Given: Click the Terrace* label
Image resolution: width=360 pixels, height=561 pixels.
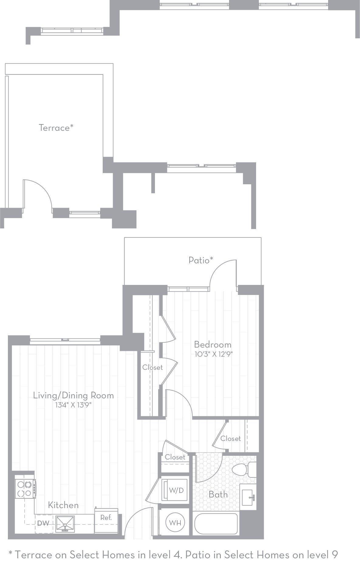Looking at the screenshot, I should (x=56, y=128).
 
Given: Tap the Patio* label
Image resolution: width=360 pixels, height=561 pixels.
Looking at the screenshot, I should (x=201, y=260).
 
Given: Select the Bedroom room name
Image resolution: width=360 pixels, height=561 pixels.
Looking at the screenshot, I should (x=212, y=345).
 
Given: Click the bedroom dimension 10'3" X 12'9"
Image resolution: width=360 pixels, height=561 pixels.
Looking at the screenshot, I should (x=214, y=354).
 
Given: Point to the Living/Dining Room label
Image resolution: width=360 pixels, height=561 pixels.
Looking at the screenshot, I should (x=73, y=395).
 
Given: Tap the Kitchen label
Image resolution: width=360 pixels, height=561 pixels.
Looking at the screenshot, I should (x=63, y=505).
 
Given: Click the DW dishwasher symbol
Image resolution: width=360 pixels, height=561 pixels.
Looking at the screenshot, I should (x=43, y=523).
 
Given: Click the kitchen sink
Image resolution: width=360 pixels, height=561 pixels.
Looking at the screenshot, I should (x=65, y=524).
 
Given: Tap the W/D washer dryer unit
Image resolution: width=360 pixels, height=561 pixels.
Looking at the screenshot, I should (x=176, y=490).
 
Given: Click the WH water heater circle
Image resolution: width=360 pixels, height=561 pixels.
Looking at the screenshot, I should (x=175, y=523).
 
